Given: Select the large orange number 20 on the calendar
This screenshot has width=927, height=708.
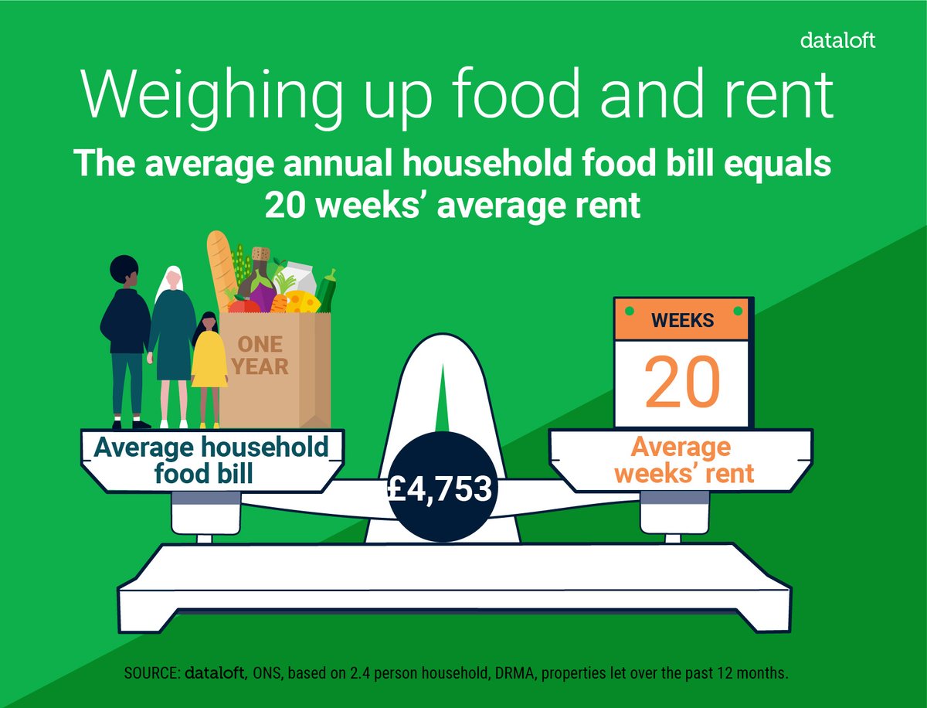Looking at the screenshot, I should pos(682,381).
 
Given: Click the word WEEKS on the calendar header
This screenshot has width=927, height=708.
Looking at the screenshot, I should pos(682,319).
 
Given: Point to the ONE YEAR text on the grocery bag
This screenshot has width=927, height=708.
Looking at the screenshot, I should pos(263,354).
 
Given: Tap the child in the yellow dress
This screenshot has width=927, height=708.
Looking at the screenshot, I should pos(209,363).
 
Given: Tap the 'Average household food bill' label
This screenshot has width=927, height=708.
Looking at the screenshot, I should pos(211,460).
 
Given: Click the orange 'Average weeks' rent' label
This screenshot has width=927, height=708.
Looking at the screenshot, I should pos(681,460).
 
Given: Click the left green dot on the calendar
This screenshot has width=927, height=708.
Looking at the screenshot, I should pos(628,311).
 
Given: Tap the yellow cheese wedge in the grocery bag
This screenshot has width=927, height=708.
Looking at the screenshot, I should pos(303,301).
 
